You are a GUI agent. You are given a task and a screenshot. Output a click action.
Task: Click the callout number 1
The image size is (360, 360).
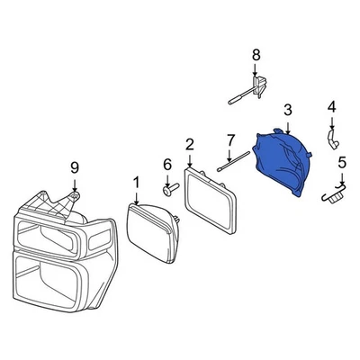pos(137,184)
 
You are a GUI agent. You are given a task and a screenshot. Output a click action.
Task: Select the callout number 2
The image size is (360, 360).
pos(190,144)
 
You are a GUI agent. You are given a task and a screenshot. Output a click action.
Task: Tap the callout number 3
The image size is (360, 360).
pos(287,110)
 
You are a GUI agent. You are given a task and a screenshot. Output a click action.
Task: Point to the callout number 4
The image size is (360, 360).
pos(331,108)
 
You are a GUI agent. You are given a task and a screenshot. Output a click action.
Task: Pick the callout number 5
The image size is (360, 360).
pos(342,163)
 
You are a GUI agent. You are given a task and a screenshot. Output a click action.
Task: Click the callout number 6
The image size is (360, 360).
pos(166,164)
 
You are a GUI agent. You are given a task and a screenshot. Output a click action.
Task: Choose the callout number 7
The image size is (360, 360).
pos(230,140)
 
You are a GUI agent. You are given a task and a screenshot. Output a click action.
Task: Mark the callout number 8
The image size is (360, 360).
pos(256,55)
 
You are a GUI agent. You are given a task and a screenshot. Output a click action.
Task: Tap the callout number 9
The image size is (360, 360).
pos(75,166)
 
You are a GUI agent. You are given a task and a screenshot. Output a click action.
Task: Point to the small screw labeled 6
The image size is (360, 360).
pos(168,190)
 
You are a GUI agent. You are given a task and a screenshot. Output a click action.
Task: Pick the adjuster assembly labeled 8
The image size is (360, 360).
pos(256,87)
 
